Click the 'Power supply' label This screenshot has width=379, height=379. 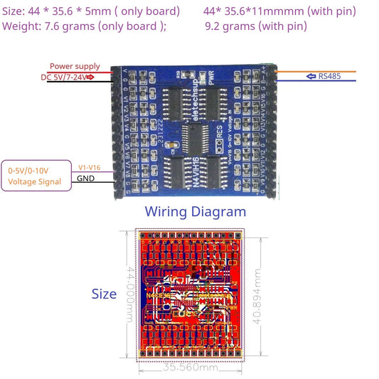coord(75,66)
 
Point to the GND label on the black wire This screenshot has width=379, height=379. coord(86,178)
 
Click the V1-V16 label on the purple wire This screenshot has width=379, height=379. coord(90,167)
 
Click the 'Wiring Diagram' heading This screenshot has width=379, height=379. coord(195,211)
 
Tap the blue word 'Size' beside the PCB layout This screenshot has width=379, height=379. coord(104,294)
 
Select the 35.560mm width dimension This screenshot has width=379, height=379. coord(190,368)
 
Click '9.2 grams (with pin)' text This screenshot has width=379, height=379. coord(255,26)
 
